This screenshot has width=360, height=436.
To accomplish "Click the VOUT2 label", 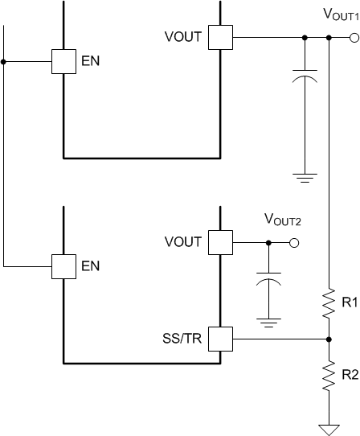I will click(x=281, y=219).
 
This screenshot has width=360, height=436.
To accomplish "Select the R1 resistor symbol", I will click(x=329, y=304).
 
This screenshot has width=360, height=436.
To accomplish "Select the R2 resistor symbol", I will click(x=329, y=375).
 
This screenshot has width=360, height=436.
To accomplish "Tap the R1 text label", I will click(x=349, y=303).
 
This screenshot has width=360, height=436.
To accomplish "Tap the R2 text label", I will click(x=349, y=374).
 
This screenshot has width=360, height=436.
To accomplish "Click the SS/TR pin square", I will click(x=220, y=339).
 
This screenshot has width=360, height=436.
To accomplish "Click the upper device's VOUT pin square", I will click(x=220, y=37).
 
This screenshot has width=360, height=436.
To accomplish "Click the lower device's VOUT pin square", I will click(x=220, y=242).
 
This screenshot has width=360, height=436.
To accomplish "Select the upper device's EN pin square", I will click(x=63, y=61).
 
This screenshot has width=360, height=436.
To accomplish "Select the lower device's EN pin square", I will click(x=63, y=266).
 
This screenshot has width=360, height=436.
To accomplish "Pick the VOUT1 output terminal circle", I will click(x=354, y=37).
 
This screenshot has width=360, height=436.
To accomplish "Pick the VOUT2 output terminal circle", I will click(x=294, y=242).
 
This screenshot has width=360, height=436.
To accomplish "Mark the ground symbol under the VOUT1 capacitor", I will click(x=305, y=177).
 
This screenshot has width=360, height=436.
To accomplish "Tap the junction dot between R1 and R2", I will click(x=329, y=339).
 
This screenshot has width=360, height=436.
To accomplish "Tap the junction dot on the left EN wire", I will click(x=4, y=61).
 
